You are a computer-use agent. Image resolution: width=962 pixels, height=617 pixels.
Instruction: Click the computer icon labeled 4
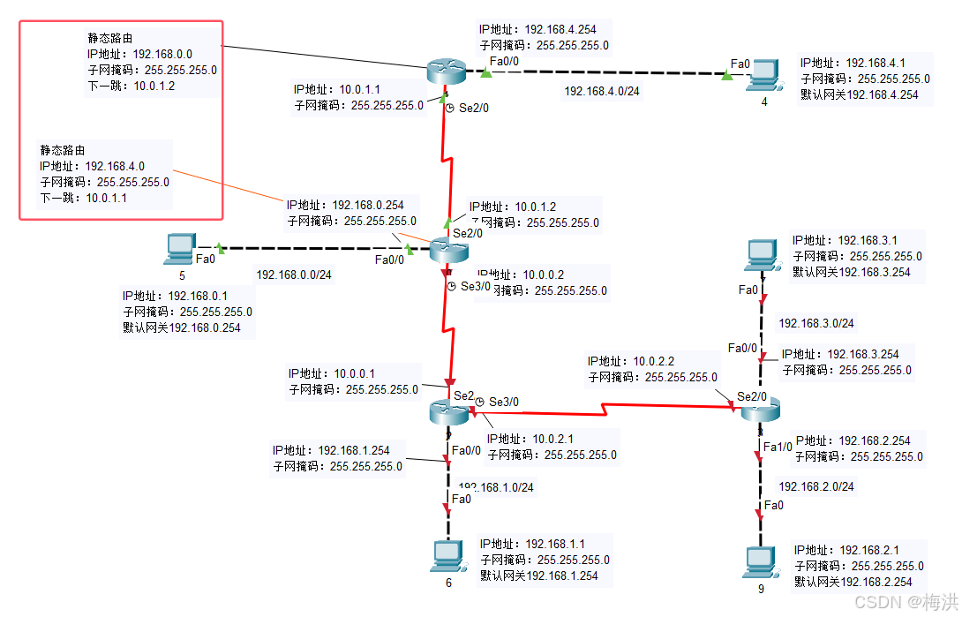click(762, 76)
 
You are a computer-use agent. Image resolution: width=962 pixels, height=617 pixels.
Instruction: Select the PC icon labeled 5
click(180, 249)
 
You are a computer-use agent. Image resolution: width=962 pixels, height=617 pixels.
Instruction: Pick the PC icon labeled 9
click(759, 561)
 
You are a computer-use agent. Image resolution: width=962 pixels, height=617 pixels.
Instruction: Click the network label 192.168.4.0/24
click(603, 91)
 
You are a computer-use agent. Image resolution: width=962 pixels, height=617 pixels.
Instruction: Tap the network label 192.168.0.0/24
click(295, 275)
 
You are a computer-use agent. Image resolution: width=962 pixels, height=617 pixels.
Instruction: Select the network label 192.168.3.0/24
click(815, 324)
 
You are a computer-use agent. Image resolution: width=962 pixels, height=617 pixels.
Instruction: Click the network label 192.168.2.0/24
click(815, 486)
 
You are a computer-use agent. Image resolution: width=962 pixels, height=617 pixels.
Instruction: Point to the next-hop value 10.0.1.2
click(154, 86)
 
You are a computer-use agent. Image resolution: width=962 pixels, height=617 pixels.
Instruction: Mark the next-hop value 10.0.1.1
click(107, 198)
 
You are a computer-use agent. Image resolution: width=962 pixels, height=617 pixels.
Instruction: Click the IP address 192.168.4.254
click(560, 30)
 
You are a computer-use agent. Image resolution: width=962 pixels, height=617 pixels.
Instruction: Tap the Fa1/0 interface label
click(778, 448)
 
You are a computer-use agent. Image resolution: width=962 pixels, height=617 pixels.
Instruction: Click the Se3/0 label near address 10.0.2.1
click(505, 402)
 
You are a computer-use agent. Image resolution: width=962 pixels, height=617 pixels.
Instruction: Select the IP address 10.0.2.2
click(654, 362)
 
